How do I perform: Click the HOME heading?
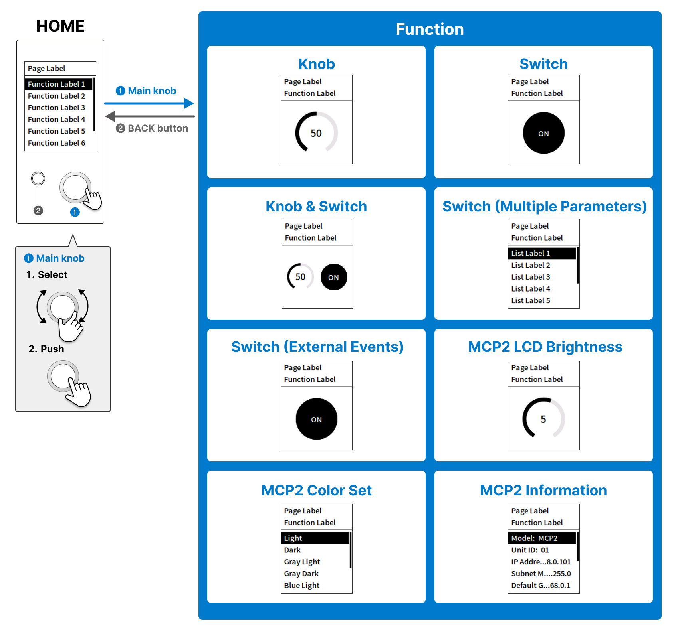[60, 26]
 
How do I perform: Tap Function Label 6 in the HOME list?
[56, 143]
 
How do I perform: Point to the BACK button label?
[157, 128]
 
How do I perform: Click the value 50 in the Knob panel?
[316, 133]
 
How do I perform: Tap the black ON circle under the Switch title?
[543, 133]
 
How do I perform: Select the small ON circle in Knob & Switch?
[333, 277]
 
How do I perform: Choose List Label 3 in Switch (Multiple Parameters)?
[531, 277]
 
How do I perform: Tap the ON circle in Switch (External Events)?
[316, 419]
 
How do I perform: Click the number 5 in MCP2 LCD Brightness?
[543, 419]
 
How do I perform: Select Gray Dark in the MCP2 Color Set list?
[301, 574]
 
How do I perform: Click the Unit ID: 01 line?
[530, 550]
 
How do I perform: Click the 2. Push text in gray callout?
[46, 349]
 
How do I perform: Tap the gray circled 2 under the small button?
[38, 211]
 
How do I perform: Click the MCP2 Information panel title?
[543, 490]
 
